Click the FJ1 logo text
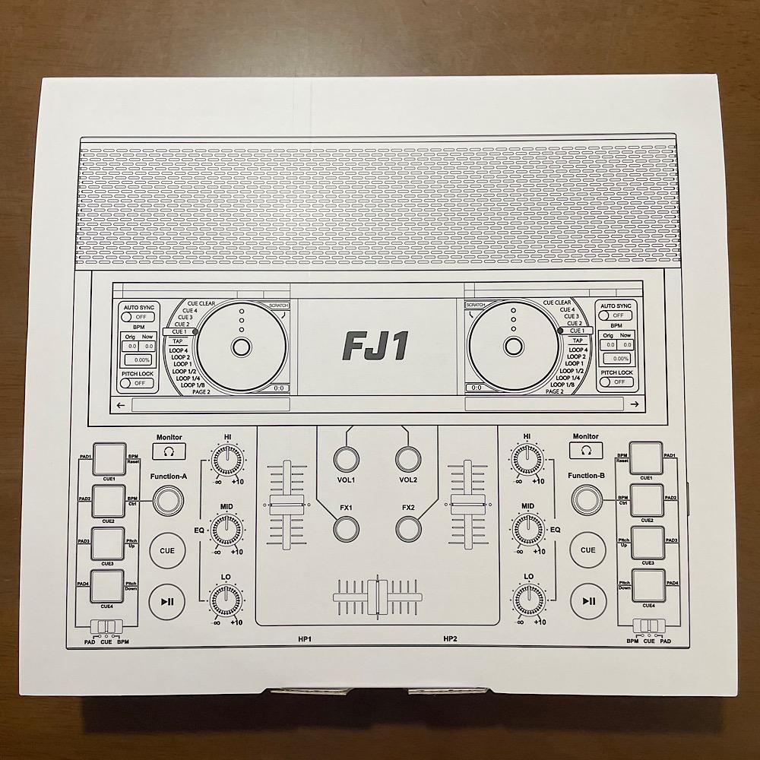(x=376, y=346)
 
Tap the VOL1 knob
(x=346, y=459)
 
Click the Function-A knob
(x=168, y=499)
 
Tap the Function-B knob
(x=586, y=499)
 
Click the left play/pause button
(x=167, y=600)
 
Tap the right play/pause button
(x=587, y=600)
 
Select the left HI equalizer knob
(x=226, y=458)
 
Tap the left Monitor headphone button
(x=169, y=451)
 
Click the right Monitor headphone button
(x=585, y=451)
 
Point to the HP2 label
(x=450, y=639)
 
